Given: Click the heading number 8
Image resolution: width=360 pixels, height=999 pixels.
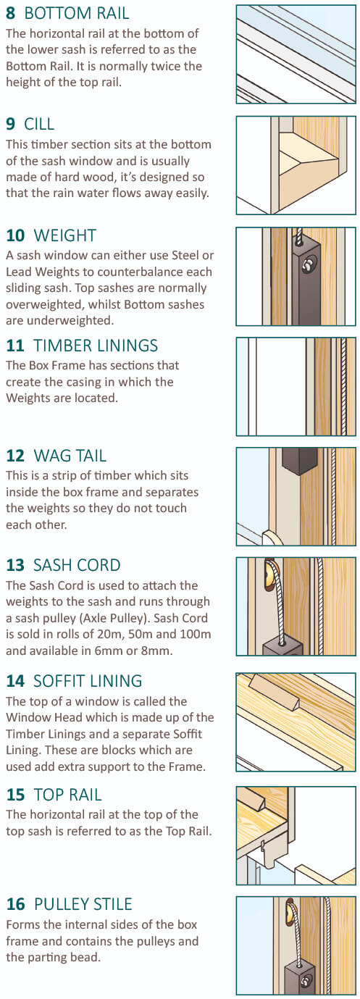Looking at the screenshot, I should pyautogui.click(x=10, y=13).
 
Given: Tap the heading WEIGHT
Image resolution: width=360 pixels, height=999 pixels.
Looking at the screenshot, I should pyautogui.click(x=64, y=235).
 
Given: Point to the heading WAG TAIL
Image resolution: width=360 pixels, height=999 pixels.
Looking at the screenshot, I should pyautogui.click(x=70, y=456).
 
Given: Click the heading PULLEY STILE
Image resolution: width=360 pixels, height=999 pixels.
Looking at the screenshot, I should pyautogui.click(x=83, y=904).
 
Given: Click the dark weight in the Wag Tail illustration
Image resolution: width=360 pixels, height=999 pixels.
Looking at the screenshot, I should pyautogui.click(x=300, y=461).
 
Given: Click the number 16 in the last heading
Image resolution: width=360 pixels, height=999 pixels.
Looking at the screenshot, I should pyautogui.click(x=15, y=904).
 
